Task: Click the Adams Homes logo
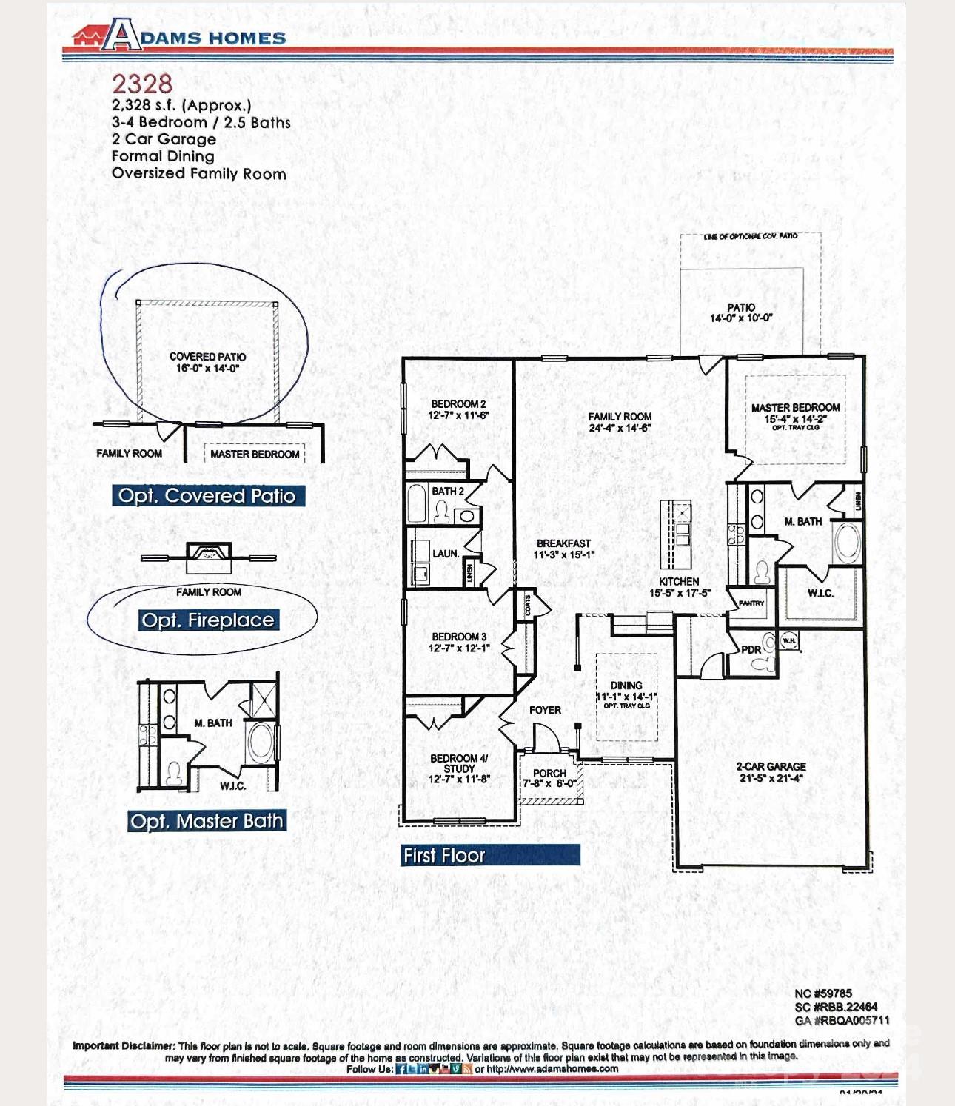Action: point(178,35)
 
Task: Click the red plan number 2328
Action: point(142,84)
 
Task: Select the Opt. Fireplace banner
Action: point(208,620)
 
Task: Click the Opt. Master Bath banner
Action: point(207,821)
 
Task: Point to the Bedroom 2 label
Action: point(458,404)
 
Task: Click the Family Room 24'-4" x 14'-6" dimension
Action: point(620,428)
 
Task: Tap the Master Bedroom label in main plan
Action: point(795,408)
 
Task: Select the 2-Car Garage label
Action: point(771,767)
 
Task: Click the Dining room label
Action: point(626,686)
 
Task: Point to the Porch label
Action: point(549,773)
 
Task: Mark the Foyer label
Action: point(545,710)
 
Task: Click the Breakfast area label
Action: point(563,543)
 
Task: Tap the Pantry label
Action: point(751,603)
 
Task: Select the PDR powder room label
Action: point(751,650)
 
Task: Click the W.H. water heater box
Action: point(789,640)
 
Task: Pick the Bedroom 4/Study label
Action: point(459,763)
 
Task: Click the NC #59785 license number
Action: point(823,993)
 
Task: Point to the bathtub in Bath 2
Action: point(418,504)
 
